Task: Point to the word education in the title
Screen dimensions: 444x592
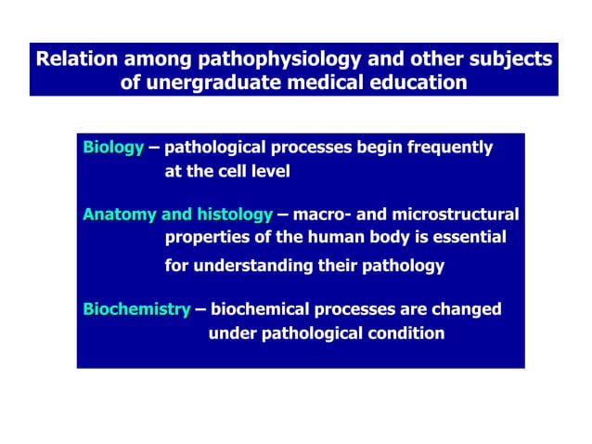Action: [418, 83]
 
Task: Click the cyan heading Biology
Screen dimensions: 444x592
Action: [113, 148]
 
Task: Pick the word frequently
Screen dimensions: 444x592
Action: [449, 148]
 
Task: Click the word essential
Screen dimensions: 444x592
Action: [469, 238]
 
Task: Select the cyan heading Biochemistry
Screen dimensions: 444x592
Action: [136, 309]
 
